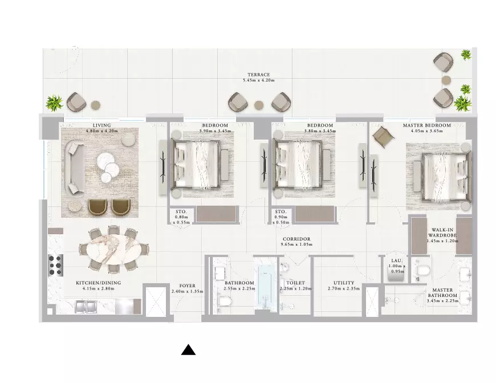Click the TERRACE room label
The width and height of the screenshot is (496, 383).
click(258, 75)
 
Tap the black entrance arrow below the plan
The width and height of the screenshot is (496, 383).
click(188, 350)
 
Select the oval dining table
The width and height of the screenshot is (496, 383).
click(113, 249)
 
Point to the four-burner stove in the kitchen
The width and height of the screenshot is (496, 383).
click(55, 265)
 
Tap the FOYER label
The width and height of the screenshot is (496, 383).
click(187, 286)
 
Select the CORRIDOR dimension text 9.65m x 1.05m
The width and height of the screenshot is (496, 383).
click(296, 245)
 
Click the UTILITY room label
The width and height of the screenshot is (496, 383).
click(344, 283)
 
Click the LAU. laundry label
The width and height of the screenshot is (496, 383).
click(397, 260)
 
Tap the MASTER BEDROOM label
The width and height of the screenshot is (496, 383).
click(426, 125)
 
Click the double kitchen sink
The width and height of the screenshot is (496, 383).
click(86, 306)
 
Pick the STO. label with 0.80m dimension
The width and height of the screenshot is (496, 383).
click(181, 211)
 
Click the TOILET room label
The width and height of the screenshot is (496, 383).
click(295, 283)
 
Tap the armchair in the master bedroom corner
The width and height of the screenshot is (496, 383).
click(383, 137)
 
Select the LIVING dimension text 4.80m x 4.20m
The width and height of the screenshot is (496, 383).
click(102, 131)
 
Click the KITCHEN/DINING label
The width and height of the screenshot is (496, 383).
click(99, 283)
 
